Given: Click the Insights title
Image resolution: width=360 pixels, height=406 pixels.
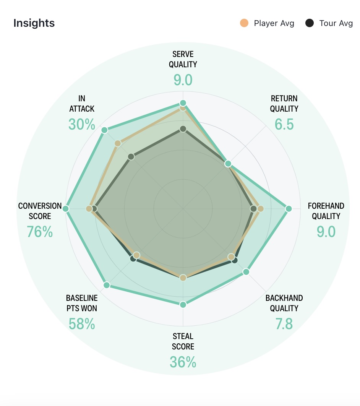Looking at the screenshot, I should (34, 23).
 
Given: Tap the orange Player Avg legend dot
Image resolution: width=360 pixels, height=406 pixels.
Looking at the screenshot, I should (244, 23).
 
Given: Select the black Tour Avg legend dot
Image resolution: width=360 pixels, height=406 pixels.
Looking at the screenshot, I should (310, 23).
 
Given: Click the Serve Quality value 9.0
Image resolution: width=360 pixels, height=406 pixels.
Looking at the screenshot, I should (183, 80).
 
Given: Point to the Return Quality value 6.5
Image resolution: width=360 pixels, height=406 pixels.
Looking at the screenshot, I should (284, 124).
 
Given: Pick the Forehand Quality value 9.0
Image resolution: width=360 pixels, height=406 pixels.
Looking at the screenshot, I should (326, 232).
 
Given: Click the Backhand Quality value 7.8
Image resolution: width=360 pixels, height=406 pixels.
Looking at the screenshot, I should (284, 324).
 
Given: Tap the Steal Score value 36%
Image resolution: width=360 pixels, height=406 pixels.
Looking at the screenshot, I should (183, 362).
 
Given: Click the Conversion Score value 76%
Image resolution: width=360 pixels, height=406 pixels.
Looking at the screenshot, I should (40, 232).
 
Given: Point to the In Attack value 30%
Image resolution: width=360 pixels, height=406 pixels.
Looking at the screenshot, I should (82, 124).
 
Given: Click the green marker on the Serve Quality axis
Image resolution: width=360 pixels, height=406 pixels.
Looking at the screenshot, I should (183, 103).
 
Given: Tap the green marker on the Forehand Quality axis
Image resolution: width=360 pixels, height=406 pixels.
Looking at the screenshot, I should (289, 209).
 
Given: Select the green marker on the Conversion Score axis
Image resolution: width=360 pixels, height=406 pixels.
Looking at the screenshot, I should (65, 209).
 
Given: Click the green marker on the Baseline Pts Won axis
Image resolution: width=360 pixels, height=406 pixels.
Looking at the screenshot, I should (107, 285).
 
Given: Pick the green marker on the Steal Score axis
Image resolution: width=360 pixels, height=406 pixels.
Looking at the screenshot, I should (183, 305).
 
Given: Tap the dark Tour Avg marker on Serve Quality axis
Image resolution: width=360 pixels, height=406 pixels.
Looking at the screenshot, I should (183, 129).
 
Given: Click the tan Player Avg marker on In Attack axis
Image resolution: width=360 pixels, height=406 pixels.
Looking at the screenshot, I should (118, 143).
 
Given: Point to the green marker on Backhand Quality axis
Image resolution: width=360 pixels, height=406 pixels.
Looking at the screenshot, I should (246, 272).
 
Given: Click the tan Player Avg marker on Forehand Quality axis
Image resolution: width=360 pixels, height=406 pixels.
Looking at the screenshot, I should (261, 209).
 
